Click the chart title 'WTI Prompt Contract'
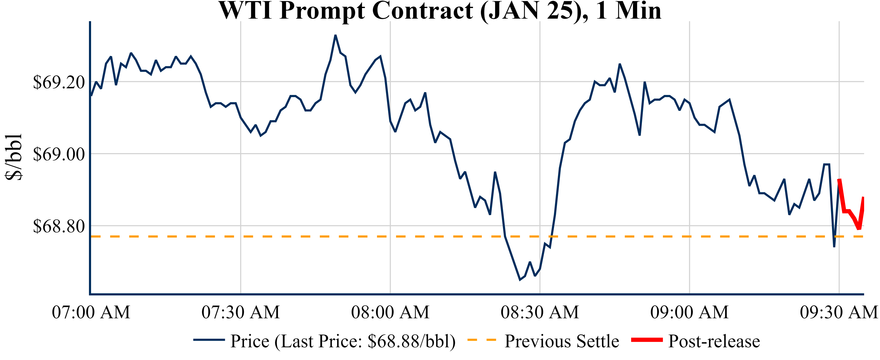[x=440, y=11]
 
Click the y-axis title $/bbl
[x=14, y=157]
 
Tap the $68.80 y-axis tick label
[x=59, y=226]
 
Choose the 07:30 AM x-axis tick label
[x=241, y=312]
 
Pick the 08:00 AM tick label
[x=390, y=312]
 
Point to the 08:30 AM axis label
[x=540, y=312]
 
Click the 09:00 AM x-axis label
[x=689, y=312]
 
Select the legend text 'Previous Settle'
[x=562, y=341]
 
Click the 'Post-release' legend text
[x=714, y=341]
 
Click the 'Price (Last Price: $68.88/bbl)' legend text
[x=343, y=341]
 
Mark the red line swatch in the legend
[x=647, y=340]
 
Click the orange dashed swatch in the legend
[x=481, y=340]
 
